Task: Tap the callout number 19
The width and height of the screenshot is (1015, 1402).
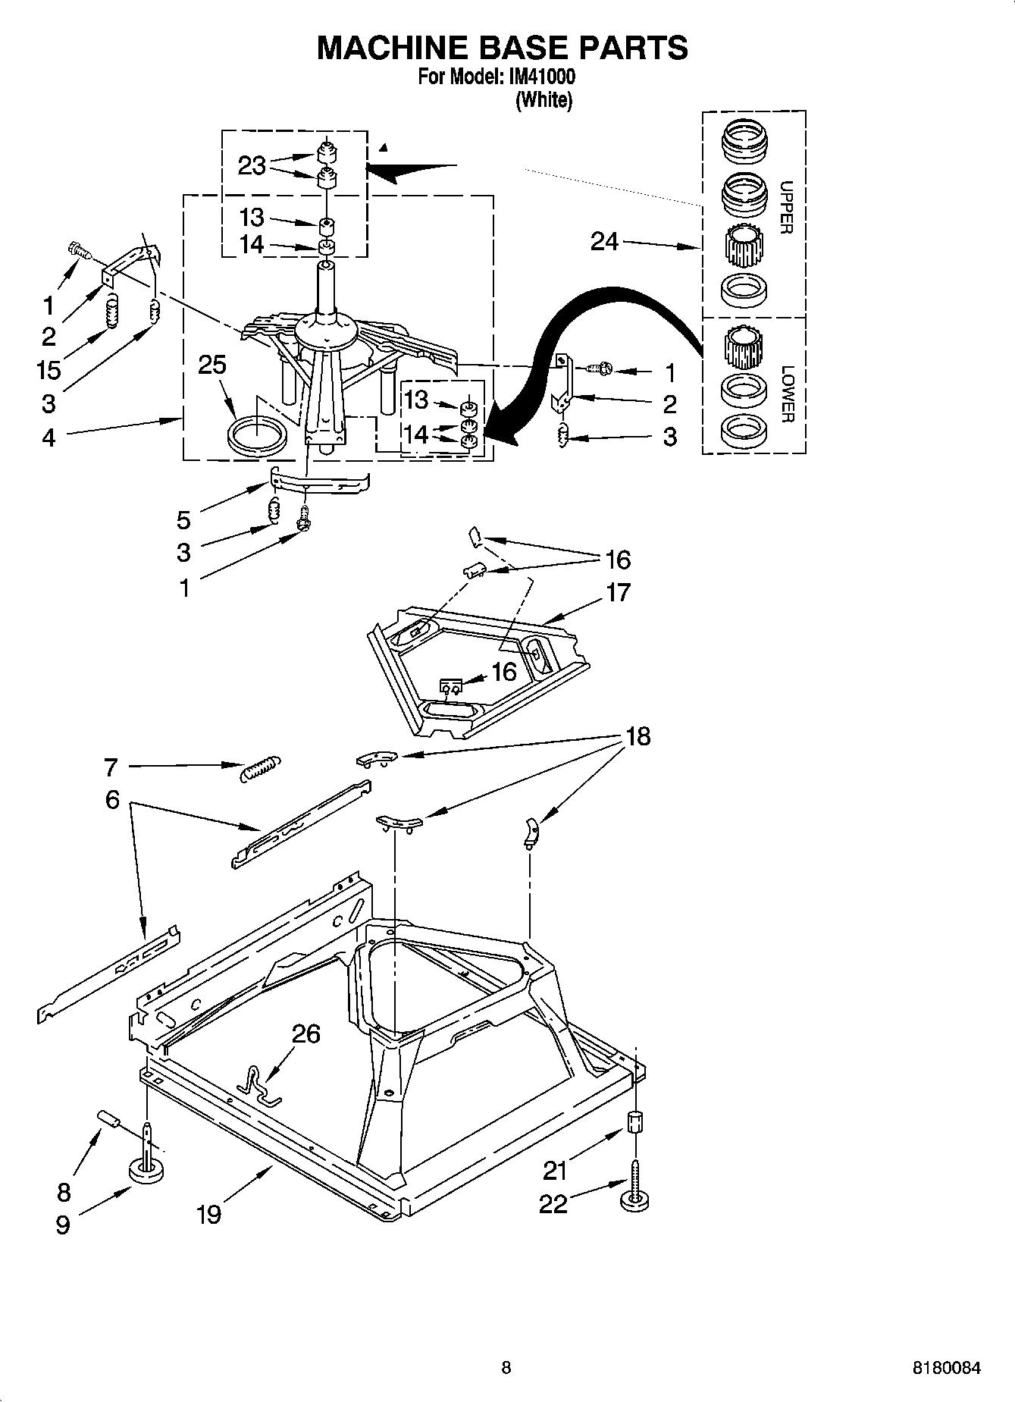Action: (x=208, y=1214)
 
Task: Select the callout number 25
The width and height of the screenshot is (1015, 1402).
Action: (x=212, y=365)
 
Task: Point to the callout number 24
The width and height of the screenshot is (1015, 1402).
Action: (x=605, y=241)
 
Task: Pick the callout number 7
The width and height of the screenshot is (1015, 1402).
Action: (x=111, y=767)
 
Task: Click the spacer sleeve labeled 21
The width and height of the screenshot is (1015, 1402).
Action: (x=634, y=1121)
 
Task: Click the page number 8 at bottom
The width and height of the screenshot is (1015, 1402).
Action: (x=506, y=1368)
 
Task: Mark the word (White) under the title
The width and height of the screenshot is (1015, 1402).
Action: (x=544, y=100)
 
